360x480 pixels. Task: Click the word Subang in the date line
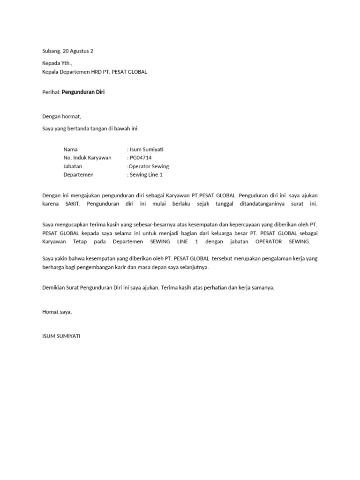[x=51, y=51]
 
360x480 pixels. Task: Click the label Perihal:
[x=52, y=92]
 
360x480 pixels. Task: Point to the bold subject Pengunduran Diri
[x=83, y=92]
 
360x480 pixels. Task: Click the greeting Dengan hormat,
[x=61, y=116]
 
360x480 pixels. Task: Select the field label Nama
[x=70, y=150]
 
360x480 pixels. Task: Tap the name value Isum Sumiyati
[x=147, y=150]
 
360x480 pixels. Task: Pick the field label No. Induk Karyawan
[x=87, y=158]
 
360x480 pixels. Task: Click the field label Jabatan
[x=73, y=166]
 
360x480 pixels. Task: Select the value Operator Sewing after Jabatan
[x=149, y=166]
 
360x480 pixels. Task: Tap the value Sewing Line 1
[x=146, y=175]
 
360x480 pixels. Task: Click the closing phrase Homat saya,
[x=57, y=312]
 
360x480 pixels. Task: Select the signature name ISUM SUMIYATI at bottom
[x=61, y=336]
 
